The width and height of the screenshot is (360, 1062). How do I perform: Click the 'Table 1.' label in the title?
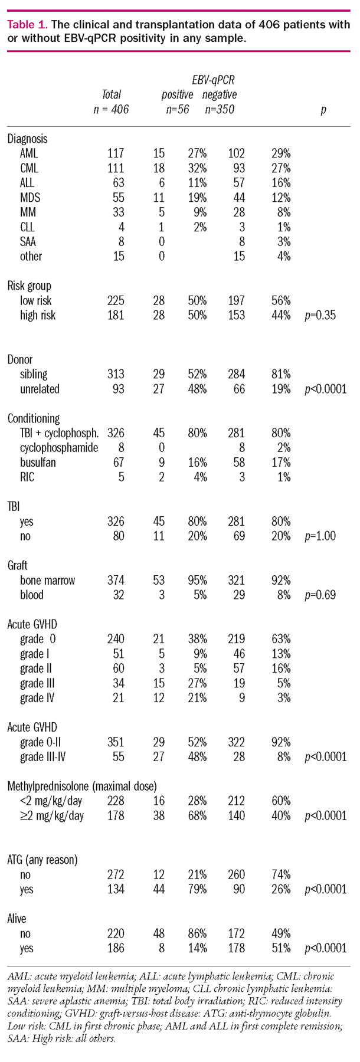point(27,25)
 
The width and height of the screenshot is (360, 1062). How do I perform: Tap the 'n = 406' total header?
point(111,109)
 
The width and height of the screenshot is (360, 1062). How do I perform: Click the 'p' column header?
point(323,109)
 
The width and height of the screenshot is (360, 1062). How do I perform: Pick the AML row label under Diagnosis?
point(30,153)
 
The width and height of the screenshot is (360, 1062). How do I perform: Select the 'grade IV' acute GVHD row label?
point(38,698)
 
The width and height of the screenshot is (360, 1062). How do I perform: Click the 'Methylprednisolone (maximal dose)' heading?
point(82,786)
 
